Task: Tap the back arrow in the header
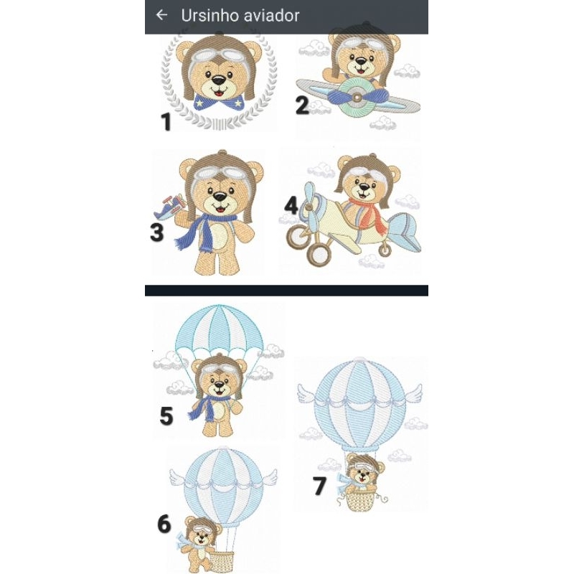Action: point(161,15)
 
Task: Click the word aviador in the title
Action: point(276,16)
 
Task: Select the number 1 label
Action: point(166,121)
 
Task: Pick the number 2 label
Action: point(302,105)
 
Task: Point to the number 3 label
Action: point(156,232)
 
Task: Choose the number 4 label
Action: point(291,205)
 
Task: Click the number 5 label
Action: point(166,416)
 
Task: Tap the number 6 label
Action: point(164,524)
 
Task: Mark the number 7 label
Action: point(319,486)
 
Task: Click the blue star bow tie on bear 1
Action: point(219,102)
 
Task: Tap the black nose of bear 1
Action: point(219,80)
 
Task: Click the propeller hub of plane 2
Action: point(357,98)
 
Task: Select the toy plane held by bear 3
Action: point(169,207)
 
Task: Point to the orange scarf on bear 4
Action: point(369,214)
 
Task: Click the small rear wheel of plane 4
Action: point(385,250)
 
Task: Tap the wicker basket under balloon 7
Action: point(361,501)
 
